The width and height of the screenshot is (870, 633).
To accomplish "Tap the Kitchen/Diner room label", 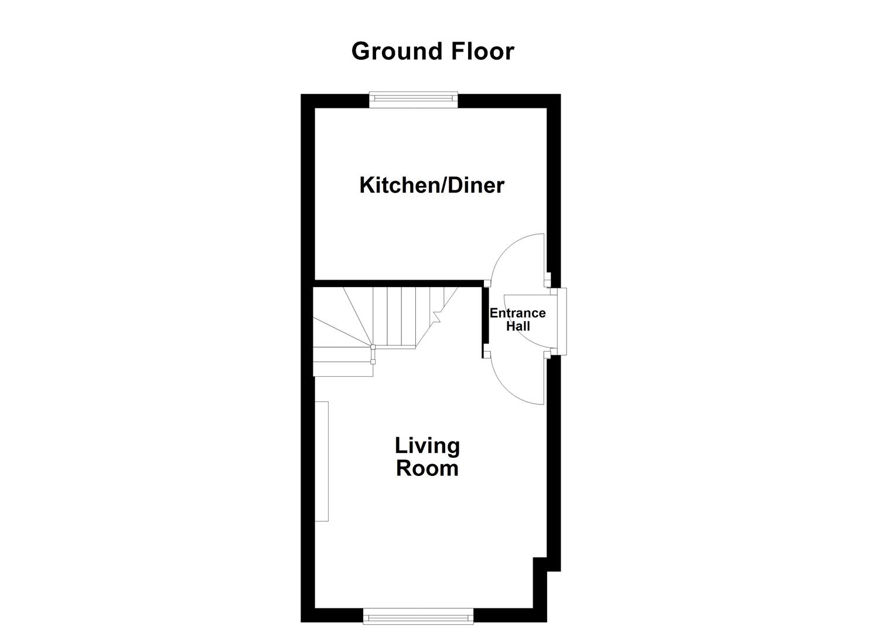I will pos(431,185).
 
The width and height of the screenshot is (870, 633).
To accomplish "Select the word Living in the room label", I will pos(427,446).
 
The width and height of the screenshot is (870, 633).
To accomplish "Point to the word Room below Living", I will pos(427,469).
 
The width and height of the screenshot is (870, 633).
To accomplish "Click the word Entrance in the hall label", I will pos(517,313).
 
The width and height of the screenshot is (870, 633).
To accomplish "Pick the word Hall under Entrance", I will pos(518,326).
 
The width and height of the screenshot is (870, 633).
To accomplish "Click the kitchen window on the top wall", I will pos(413,100).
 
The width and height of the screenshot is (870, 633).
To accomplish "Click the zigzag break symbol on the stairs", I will pos(436,316).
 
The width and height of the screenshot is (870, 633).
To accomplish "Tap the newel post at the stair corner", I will pos(373,348).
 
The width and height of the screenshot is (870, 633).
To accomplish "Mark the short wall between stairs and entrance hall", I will pos(485,319).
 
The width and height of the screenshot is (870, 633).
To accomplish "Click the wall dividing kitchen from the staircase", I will pos(398,283).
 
